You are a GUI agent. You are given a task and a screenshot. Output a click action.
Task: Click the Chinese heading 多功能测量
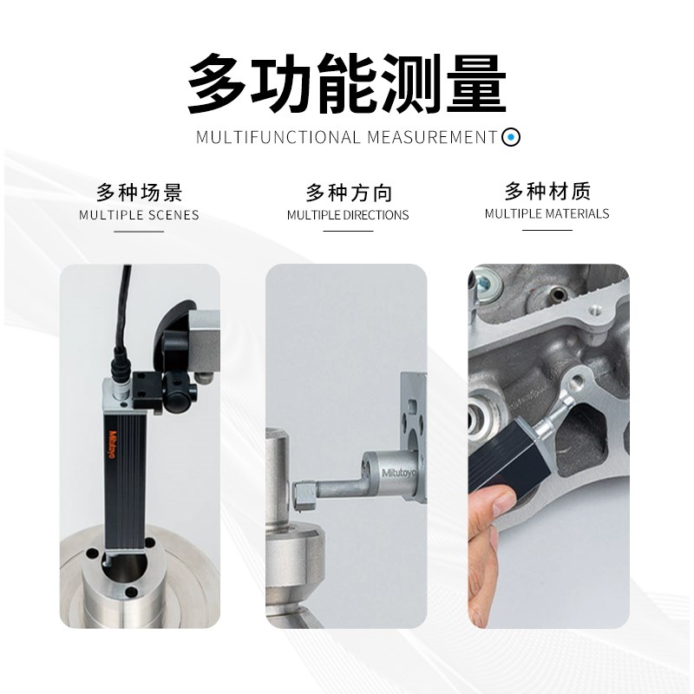coord(346,84)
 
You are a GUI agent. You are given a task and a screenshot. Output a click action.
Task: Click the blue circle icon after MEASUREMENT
coord(512,136)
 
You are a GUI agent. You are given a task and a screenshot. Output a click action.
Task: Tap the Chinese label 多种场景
coord(139,191)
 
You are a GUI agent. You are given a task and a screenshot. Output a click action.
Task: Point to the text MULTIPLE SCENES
coord(139,215)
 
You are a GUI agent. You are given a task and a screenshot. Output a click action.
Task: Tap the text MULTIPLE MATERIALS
coord(547,213)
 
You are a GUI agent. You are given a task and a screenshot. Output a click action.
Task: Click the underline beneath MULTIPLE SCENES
coord(139,232)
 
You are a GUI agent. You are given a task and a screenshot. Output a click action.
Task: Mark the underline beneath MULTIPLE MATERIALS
coord(547,230)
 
